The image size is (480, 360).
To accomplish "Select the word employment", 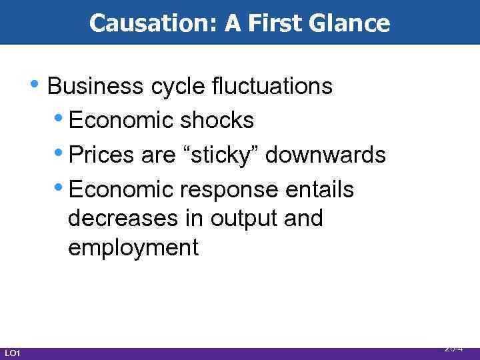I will tap(133, 249).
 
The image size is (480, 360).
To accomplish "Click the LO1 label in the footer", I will tap(13, 352).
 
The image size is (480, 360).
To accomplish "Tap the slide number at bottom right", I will tap(454, 349).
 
